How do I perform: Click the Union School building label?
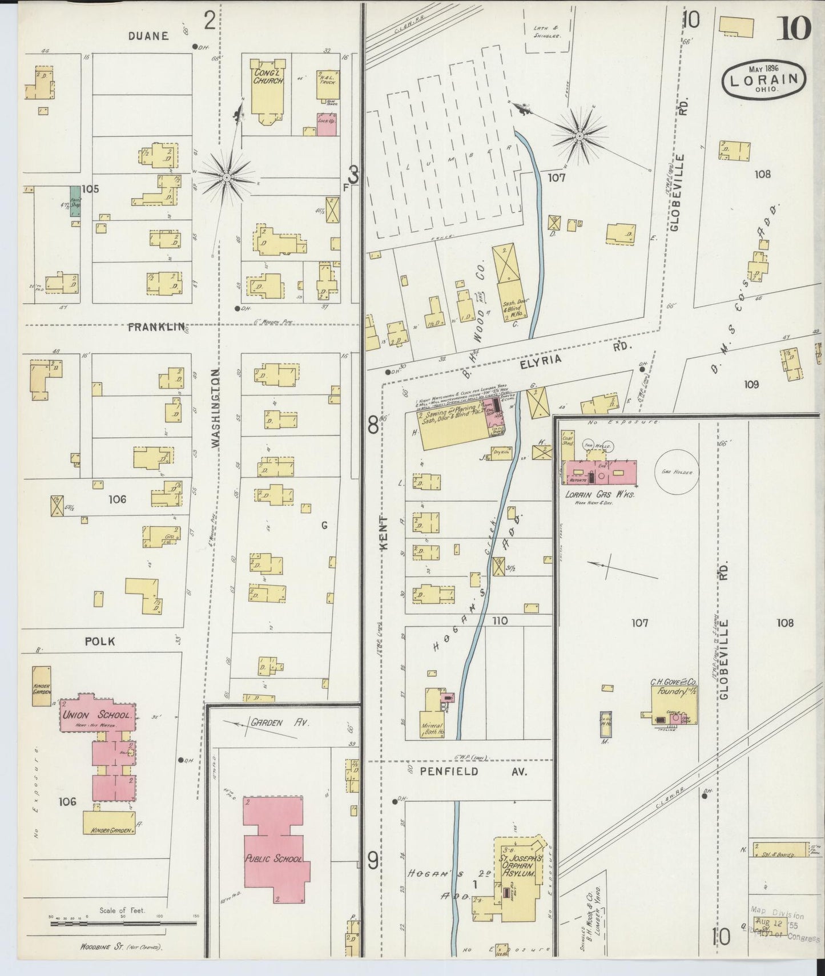click(x=98, y=715)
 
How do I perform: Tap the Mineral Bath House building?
click(x=432, y=723)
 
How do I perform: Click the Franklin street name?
click(x=156, y=327)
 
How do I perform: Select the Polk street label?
click(x=99, y=641)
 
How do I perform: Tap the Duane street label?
click(x=148, y=36)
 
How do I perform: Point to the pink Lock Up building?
click(x=326, y=124)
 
